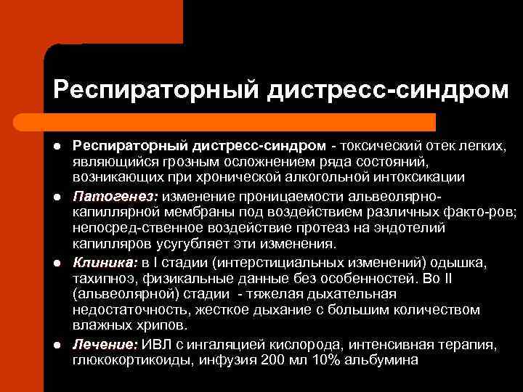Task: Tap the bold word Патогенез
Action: coord(115,197)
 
